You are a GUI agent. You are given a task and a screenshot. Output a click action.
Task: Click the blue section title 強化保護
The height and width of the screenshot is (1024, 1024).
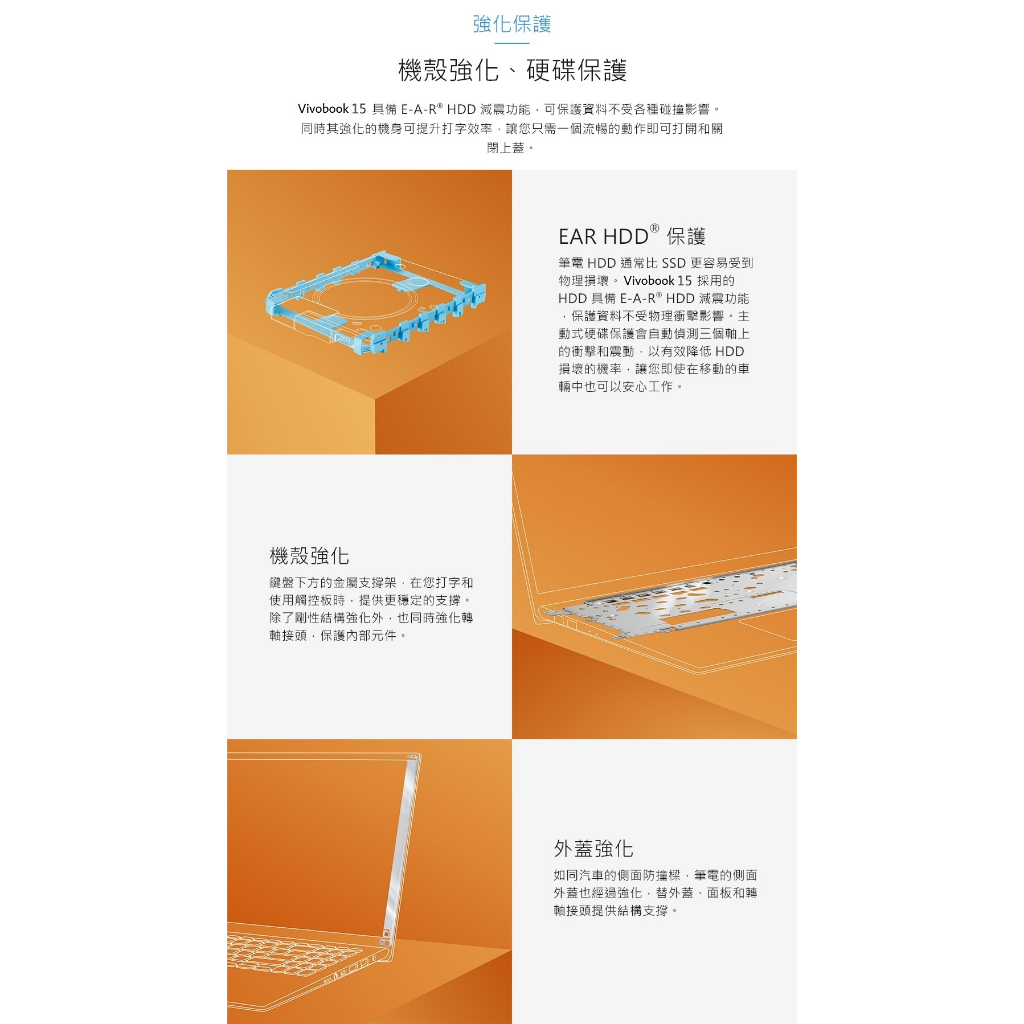512,24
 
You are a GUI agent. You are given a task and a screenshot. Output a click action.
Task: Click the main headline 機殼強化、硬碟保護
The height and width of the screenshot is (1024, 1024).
513,70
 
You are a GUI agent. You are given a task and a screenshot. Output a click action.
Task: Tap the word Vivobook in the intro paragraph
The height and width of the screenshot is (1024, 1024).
323,109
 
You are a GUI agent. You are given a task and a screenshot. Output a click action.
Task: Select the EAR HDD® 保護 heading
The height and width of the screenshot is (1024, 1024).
632,235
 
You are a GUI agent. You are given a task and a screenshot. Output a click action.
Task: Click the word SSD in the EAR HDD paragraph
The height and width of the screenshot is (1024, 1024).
673,263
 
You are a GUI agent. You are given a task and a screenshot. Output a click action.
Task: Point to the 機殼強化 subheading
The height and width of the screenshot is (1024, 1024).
310,556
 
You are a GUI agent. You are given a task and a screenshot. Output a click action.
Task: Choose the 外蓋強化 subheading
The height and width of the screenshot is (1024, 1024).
594,848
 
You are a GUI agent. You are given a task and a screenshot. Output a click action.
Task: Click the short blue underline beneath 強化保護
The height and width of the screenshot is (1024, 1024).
512,43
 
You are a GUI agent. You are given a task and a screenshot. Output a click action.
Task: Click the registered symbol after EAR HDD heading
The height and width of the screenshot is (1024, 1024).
654,228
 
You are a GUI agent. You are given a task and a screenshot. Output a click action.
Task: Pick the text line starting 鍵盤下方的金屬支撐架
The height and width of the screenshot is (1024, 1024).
371,583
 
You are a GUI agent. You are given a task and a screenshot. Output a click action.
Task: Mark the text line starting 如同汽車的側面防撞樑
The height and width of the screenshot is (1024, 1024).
655,875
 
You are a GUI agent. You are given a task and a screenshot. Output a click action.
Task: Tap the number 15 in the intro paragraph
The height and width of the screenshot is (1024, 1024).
359,109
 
